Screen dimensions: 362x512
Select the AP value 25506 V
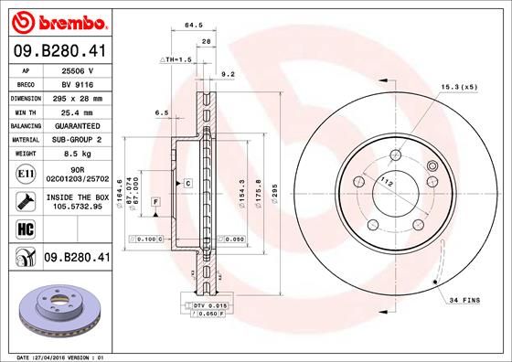(x=79, y=69)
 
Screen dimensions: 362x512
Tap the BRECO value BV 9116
(x=79, y=83)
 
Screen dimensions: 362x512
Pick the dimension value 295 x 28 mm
(x=79, y=97)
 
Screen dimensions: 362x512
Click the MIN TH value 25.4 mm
(x=79, y=112)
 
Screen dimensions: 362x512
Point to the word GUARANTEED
(x=79, y=125)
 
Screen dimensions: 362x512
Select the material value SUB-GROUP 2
(x=79, y=139)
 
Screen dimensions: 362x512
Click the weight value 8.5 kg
(x=79, y=154)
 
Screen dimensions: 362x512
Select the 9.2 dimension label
(x=229, y=75)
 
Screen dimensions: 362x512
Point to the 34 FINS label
(x=466, y=300)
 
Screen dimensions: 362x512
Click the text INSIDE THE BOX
(x=79, y=197)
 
